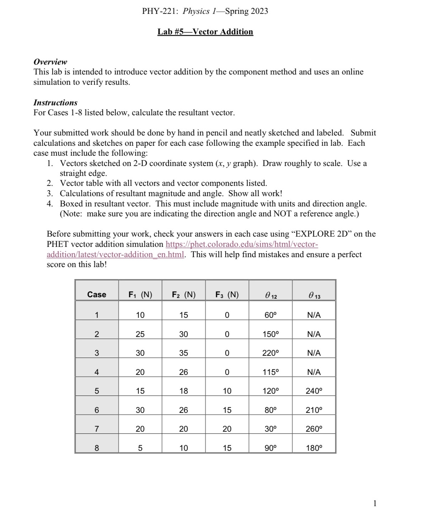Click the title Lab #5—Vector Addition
click(205, 32)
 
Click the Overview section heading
click(50, 62)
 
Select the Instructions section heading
click(55, 103)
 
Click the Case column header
click(96, 294)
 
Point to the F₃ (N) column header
click(227, 294)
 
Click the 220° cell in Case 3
click(271, 353)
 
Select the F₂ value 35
click(183, 353)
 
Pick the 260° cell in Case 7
click(314, 429)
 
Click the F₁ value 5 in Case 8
click(140, 448)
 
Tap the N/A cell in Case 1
click(314, 315)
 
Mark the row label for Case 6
click(96, 410)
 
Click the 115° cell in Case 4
click(271, 372)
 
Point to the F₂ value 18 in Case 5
click(183, 391)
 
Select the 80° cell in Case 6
click(271, 410)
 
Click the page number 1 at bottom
click(375, 503)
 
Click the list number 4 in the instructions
click(50, 204)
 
